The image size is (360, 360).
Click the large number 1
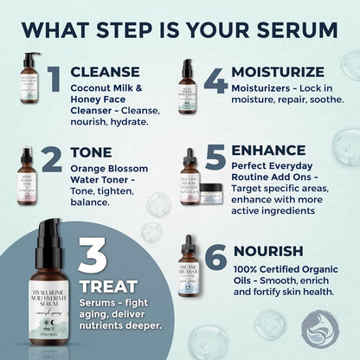(x=54, y=78)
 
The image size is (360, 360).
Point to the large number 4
(x=215, y=78)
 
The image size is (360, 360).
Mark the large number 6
(x=217, y=258)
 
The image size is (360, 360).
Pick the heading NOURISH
(x=268, y=251)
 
